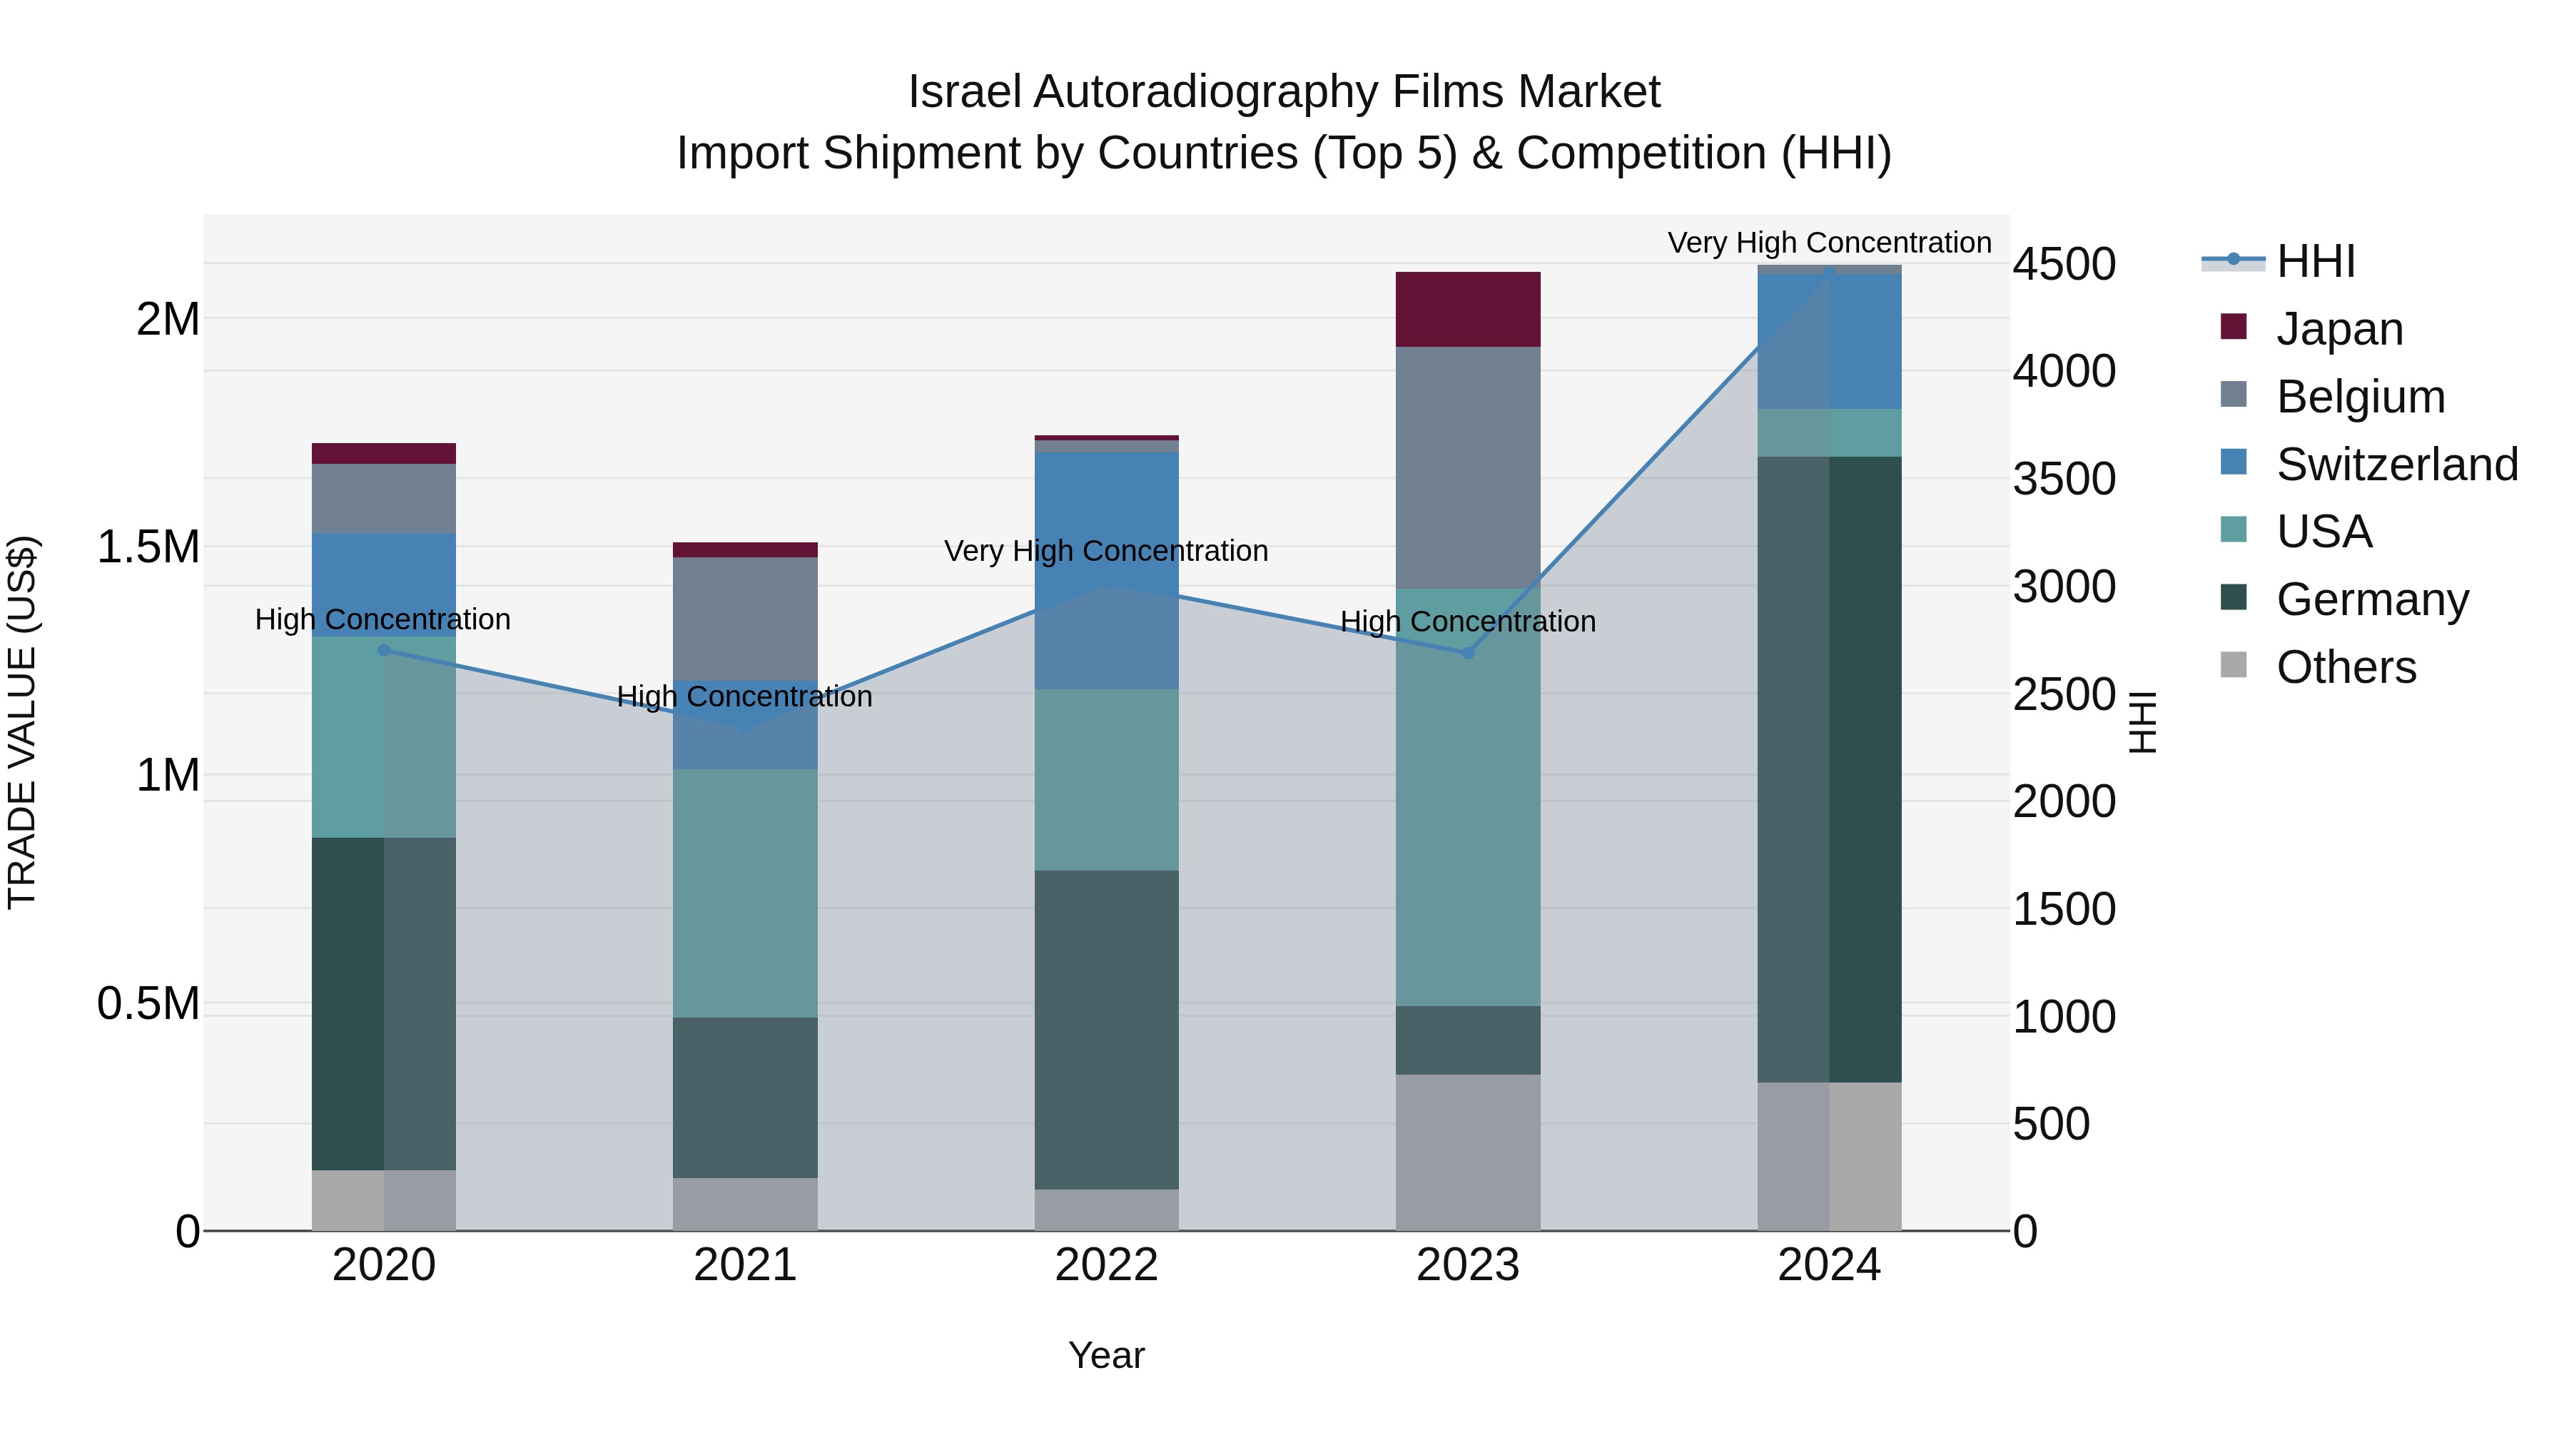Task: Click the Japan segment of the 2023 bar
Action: pyautogui.click(x=1467, y=309)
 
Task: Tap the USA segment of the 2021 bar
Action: pyautogui.click(x=745, y=893)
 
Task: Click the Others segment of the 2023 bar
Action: pyautogui.click(x=1467, y=1152)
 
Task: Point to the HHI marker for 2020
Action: pyautogui.click(x=384, y=650)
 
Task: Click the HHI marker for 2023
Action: pyautogui.click(x=1467, y=653)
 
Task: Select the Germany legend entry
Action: pyautogui.click(x=2371, y=599)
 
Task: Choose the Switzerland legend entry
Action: pyautogui.click(x=2396, y=465)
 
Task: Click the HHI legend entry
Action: pyautogui.click(x=2314, y=261)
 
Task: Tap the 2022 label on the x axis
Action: pyautogui.click(x=1106, y=1265)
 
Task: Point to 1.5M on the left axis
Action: pyautogui.click(x=148, y=547)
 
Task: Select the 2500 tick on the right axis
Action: pyautogui.click(x=2062, y=694)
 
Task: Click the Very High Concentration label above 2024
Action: pyautogui.click(x=1829, y=243)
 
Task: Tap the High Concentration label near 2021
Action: pyautogui.click(x=744, y=696)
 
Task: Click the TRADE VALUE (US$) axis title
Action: pyautogui.click(x=22, y=722)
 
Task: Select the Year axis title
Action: pyautogui.click(x=1106, y=1355)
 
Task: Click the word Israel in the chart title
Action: pyautogui.click(x=963, y=92)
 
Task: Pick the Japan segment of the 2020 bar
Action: pyautogui.click(x=384, y=454)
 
